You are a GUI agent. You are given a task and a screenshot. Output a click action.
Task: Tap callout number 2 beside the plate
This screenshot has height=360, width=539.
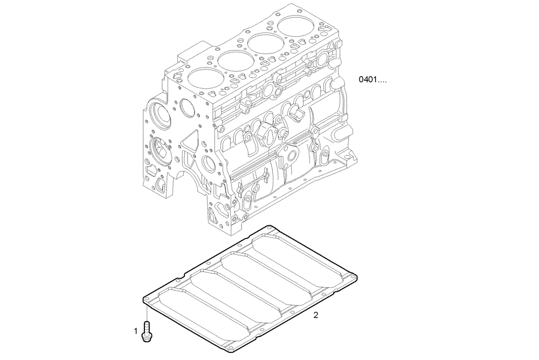316,315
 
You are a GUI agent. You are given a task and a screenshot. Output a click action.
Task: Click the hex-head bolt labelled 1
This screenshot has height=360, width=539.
146,330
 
